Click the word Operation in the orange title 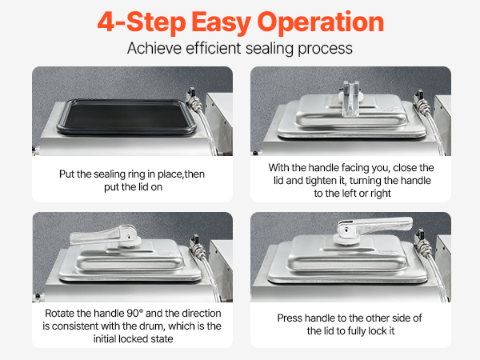point(321,23)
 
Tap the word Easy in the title point(222,23)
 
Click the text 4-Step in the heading point(142,22)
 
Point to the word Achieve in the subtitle point(154,48)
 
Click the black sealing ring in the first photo point(126,117)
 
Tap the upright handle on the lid point(351,98)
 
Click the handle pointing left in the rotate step point(104,236)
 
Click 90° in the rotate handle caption point(134,313)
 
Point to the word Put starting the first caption point(66,174)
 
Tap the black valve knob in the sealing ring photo point(191,91)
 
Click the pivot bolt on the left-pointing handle point(129,236)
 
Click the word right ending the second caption point(381,194)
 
